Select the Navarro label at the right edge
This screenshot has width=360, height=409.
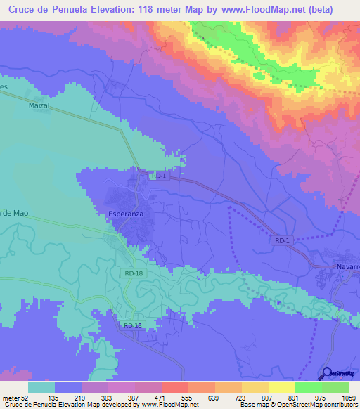pos(345,268)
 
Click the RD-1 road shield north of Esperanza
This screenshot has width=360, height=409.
pos(158,176)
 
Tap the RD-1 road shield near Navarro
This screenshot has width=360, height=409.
pos(283,240)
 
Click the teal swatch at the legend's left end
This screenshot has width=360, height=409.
pos(41,387)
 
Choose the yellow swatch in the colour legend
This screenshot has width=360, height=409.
pos(282,387)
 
